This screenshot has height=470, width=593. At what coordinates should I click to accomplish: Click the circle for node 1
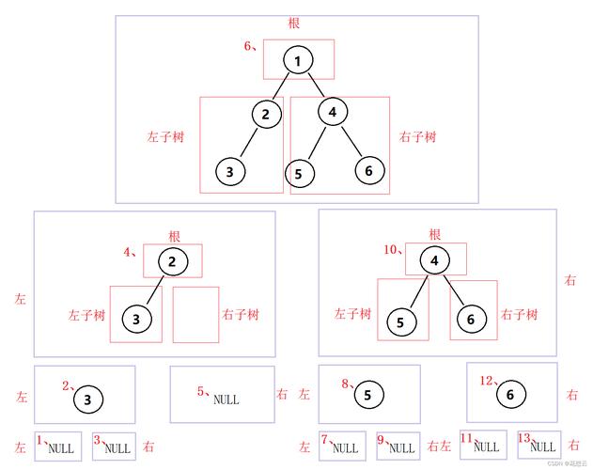click(x=297, y=62)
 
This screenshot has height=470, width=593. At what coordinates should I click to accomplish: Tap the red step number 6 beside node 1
click(x=249, y=46)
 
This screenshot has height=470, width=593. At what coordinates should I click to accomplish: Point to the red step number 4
click(x=130, y=251)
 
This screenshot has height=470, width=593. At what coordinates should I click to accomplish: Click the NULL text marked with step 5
click(x=226, y=399)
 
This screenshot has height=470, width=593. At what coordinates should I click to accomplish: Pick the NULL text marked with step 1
click(x=60, y=448)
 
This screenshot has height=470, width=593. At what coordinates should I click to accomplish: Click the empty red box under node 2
click(x=195, y=314)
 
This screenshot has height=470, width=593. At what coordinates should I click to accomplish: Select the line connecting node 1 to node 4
click(x=315, y=86)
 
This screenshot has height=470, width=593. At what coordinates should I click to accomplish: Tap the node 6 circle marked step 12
click(x=510, y=394)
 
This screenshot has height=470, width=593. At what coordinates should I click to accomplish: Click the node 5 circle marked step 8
click(x=367, y=396)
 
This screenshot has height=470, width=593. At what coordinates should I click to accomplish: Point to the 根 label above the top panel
click(x=296, y=22)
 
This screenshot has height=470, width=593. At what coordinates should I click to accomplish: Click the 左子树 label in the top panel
click(x=165, y=137)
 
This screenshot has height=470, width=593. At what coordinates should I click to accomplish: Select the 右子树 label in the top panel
click(x=417, y=137)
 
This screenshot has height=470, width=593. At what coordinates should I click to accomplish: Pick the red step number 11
click(x=465, y=438)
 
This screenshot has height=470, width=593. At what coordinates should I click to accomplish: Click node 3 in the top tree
click(x=230, y=172)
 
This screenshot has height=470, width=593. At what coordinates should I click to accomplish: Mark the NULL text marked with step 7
click(x=345, y=448)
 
